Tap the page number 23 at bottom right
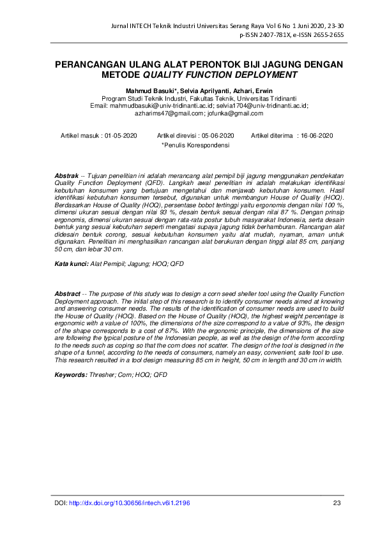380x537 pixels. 337,503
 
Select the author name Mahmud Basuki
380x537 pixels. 151,91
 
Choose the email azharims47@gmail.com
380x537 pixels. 169,113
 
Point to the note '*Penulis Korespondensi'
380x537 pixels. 195,145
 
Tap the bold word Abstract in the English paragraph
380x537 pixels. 68,293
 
